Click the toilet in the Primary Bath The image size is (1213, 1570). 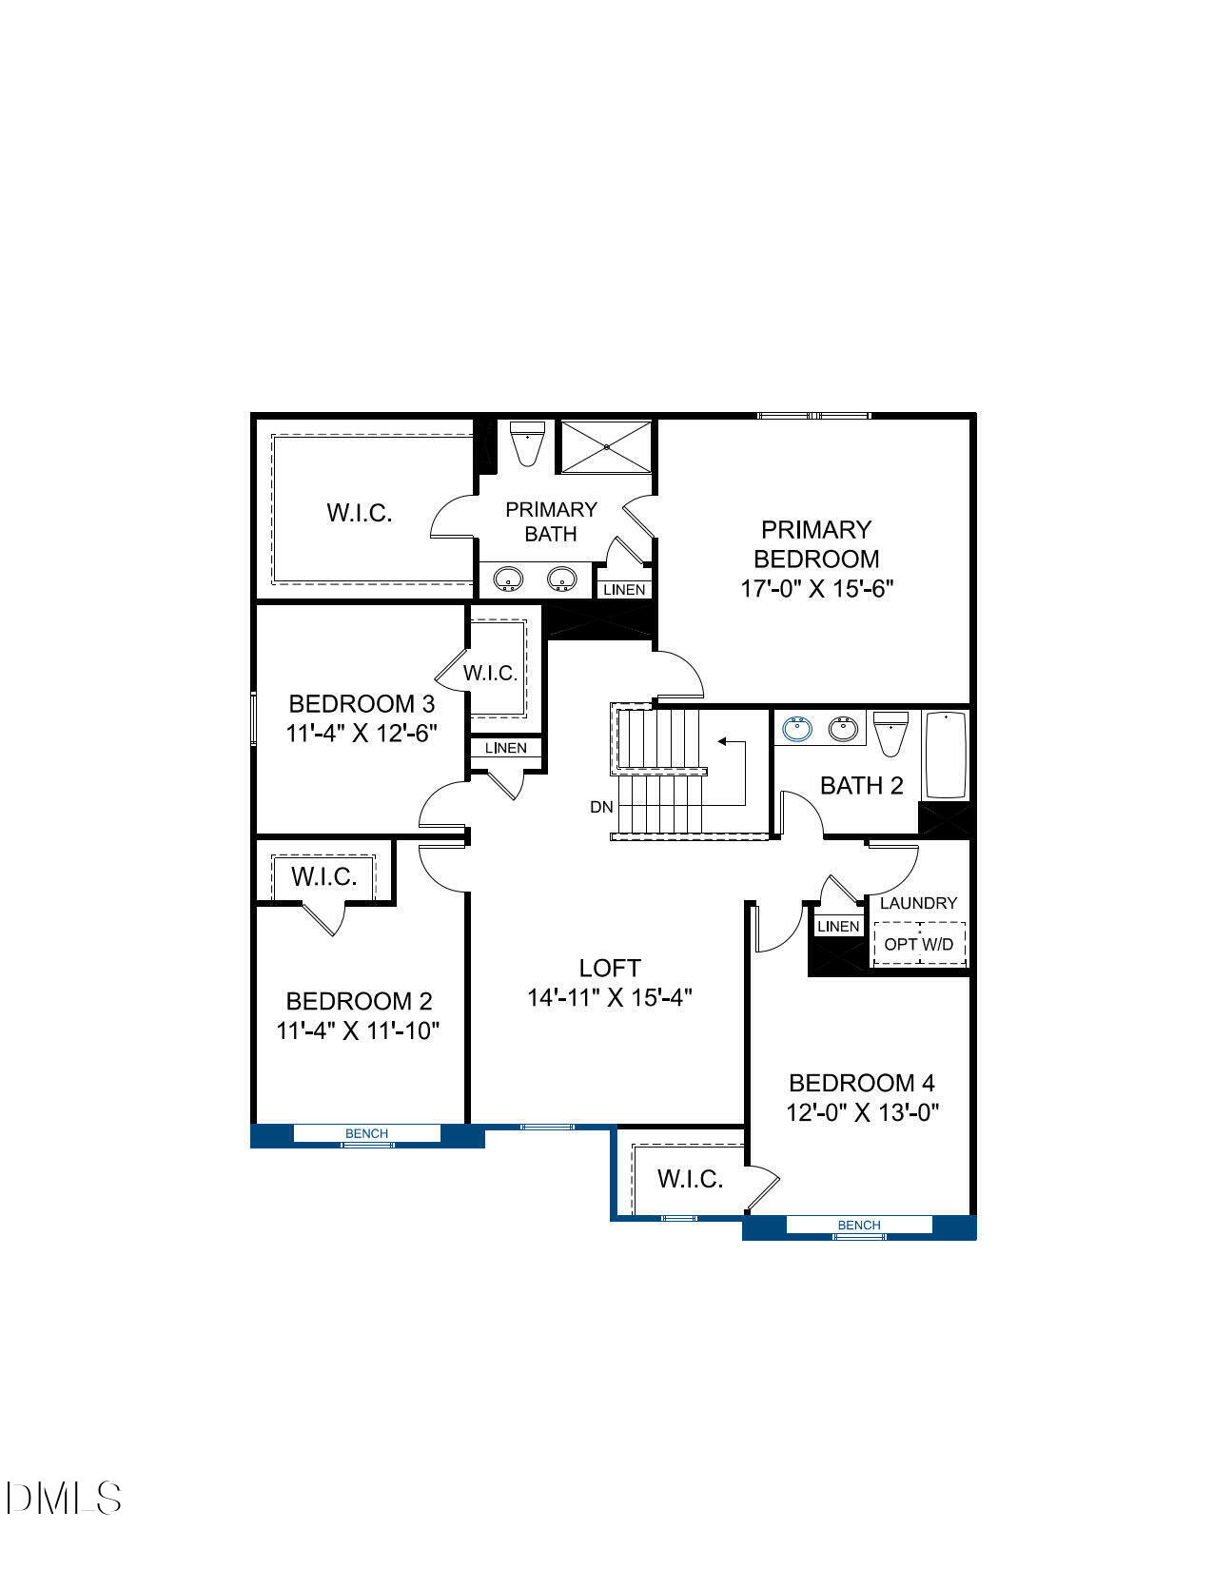[x=526, y=443]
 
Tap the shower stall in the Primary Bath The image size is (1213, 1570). [x=606, y=445]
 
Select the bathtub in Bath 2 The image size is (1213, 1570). [x=946, y=755]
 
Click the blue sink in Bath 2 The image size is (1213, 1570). [x=797, y=730]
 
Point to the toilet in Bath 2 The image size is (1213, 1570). [x=890, y=733]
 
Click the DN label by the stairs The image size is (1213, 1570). [x=601, y=807]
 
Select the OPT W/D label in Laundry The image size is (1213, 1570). [x=918, y=944]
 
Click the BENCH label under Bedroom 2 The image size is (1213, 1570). [x=366, y=1133]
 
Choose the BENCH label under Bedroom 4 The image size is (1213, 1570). [x=858, y=1226]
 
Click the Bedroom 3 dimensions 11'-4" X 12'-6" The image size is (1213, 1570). [x=361, y=734]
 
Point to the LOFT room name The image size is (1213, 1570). [x=610, y=968]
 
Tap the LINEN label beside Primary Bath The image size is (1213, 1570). [x=624, y=590]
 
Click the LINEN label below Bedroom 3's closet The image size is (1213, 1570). [x=505, y=748]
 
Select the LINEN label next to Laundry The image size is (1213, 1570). [x=838, y=926]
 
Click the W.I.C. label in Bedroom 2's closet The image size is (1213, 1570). [x=323, y=876]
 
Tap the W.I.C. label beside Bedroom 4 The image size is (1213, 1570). [x=690, y=1179]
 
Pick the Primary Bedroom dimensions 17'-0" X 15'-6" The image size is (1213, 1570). [x=816, y=589]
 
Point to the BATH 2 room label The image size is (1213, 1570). [x=861, y=786]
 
